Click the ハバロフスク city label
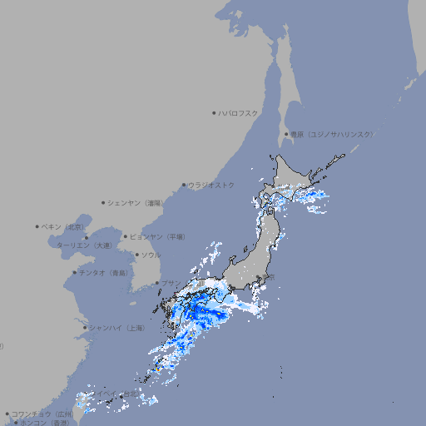click(x=239, y=112)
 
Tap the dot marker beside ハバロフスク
click(x=214, y=112)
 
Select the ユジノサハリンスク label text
click(x=331, y=134)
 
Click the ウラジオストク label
click(x=211, y=185)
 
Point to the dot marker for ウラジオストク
click(x=184, y=185)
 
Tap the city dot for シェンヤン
click(x=103, y=202)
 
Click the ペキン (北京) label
click(x=63, y=226)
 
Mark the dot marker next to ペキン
click(x=37, y=226)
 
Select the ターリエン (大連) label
click(x=83, y=245)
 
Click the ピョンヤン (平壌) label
click(x=157, y=236)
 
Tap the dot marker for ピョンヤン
click(x=126, y=236)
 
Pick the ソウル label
click(x=151, y=255)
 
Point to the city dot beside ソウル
click(x=136, y=255)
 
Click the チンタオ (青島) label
click(x=104, y=272)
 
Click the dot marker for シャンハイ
click(x=85, y=328)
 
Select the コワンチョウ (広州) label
click(x=42, y=414)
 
